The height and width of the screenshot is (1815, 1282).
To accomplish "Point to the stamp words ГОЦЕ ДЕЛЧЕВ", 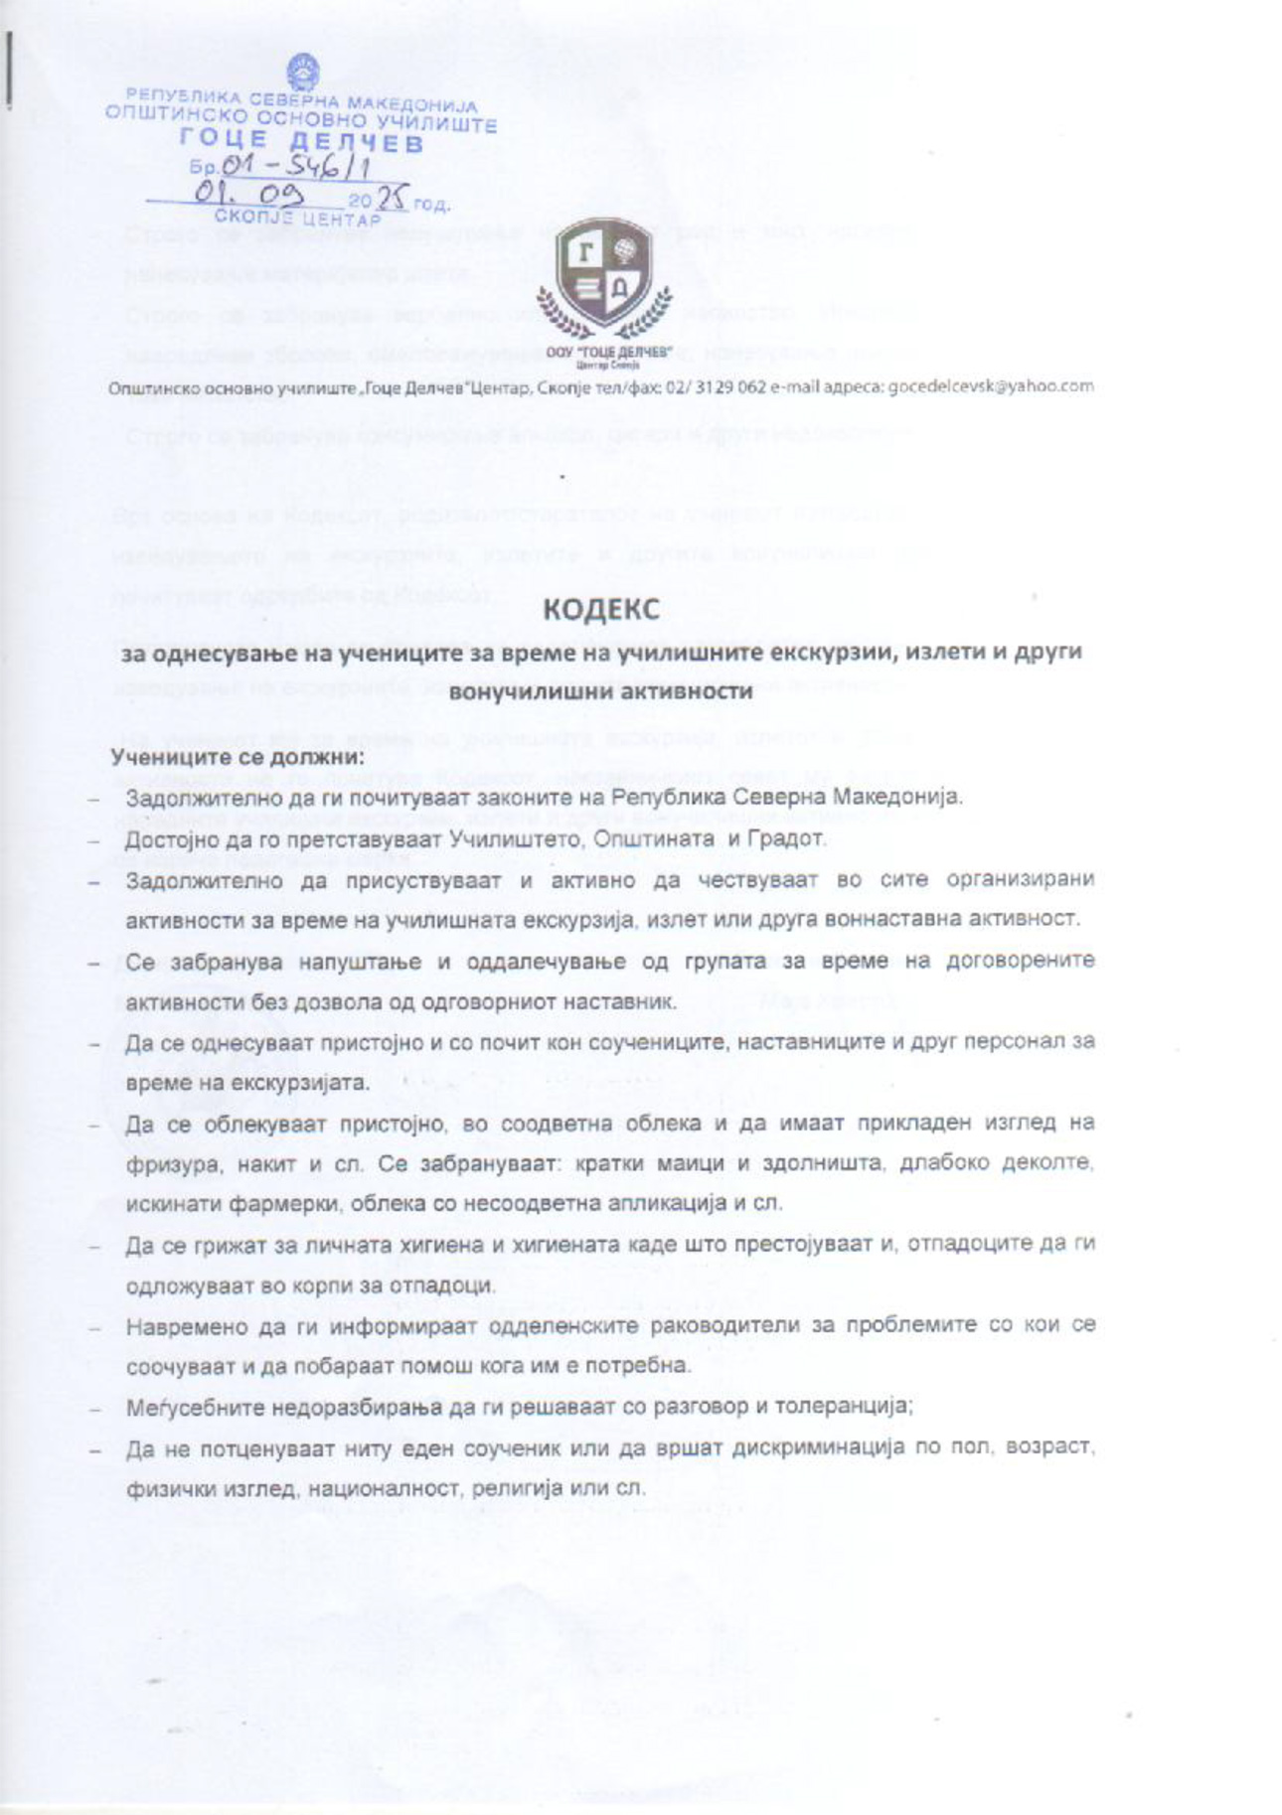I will [x=300, y=143].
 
